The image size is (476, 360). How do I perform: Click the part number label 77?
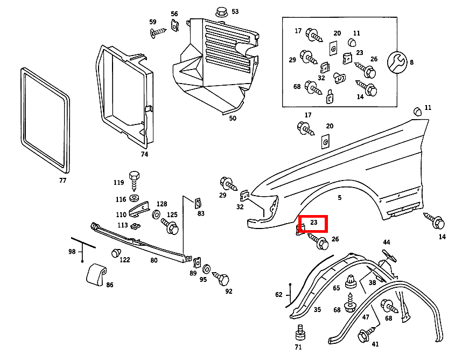click(x=63, y=181)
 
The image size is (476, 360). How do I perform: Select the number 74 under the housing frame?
click(x=144, y=154)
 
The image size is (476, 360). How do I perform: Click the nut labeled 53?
click(x=221, y=11)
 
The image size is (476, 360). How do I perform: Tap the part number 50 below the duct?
click(x=233, y=118)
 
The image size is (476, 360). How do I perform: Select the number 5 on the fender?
click(x=339, y=198)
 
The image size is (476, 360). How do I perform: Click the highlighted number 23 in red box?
click(x=314, y=222)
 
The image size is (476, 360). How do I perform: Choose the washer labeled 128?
click(x=156, y=215)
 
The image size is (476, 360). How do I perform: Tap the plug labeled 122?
click(x=115, y=253)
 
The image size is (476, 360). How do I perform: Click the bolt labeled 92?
click(x=222, y=279)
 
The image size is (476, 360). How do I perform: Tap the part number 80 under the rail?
click(x=154, y=261)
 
